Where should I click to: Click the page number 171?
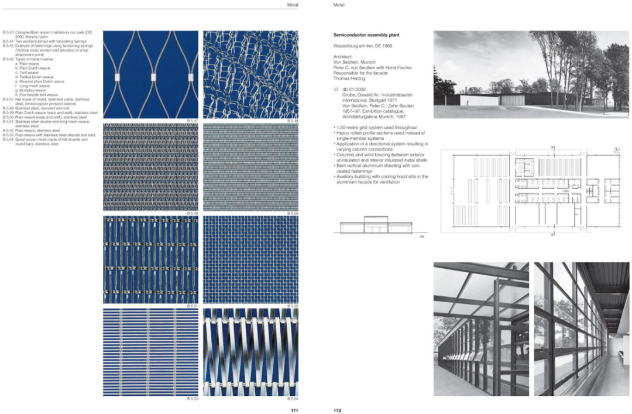coord(295,410)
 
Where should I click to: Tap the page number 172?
coord(337,410)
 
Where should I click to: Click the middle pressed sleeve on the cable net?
coord(154,77)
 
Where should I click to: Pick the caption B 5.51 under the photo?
coord(193,306)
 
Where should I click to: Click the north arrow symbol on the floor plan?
coord(617,150)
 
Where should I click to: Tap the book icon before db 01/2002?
coord(335,89)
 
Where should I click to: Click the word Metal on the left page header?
coord(293,5)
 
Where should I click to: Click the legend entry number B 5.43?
coord(8,32)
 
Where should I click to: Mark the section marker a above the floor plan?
coord(552,146)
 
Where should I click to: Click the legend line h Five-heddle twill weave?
coord(39,95)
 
